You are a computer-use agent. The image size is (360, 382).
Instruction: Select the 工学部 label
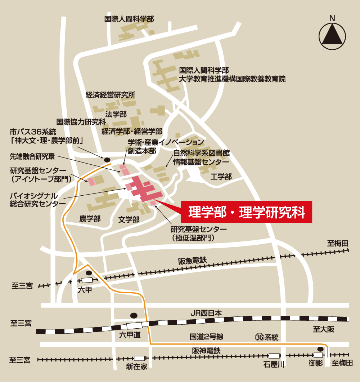click(x=221, y=177)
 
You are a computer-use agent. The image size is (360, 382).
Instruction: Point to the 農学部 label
click(x=90, y=218)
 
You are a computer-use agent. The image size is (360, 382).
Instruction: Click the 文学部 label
click(x=129, y=219)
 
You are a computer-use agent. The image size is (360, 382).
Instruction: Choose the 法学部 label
click(x=116, y=114)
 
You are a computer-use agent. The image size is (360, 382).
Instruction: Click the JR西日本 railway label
click(x=206, y=313)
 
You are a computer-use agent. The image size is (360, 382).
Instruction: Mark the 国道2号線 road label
click(x=207, y=337)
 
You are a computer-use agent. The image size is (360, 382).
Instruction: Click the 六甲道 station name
click(x=130, y=335)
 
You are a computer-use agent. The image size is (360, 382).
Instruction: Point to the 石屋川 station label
click(x=274, y=365)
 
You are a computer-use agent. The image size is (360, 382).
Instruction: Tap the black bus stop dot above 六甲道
click(x=134, y=315)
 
